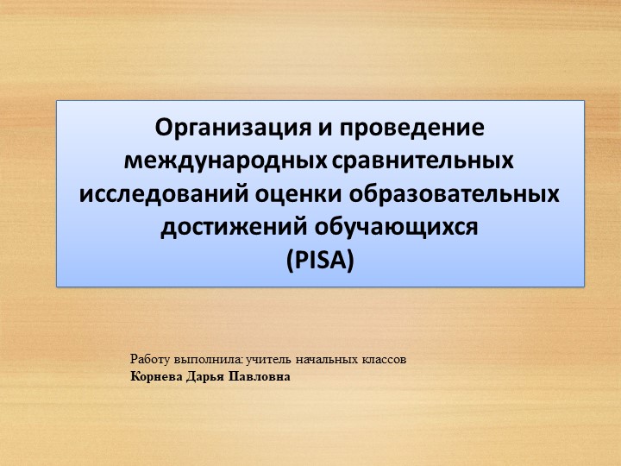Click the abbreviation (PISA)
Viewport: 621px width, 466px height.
click(x=319, y=260)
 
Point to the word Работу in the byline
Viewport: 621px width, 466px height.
click(x=148, y=358)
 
